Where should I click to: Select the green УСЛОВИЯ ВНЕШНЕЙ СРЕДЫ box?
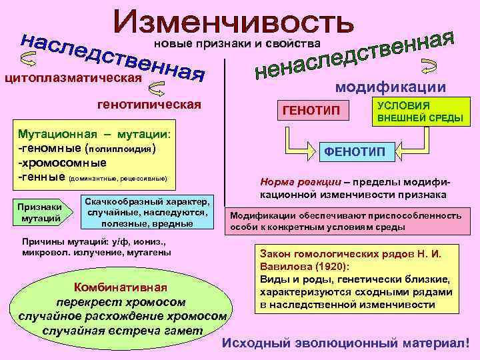pyautogui.click(x=413, y=111)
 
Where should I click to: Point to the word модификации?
pyautogui.click(x=391, y=87)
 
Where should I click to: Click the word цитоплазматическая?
pyautogui.click(x=73, y=78)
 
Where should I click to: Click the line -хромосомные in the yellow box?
pyautogui.click(x=60, y=163)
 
